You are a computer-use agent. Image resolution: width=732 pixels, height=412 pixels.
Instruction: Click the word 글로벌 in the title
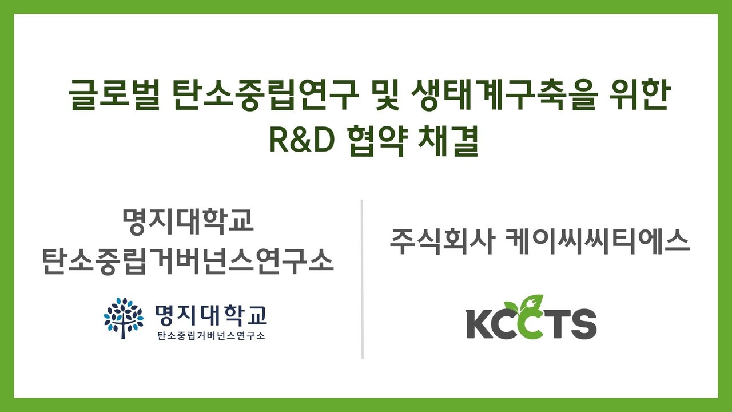pyautogui.click(x=114, y=96)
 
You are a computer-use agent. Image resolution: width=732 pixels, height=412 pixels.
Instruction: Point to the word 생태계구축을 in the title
pyautogui.click(x=504, y=96)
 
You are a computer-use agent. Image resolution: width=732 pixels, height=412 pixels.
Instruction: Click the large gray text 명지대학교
pyautogui.click(x=188, y=221)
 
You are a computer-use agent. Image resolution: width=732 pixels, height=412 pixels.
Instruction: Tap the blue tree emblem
pyautogui.click(x=124, y=318)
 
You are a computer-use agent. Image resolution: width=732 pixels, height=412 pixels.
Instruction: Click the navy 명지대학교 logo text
pyautogui.click(x=211, y=316)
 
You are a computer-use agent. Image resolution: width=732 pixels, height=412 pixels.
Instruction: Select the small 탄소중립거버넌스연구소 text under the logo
pyautogui.click(x=211, y=336)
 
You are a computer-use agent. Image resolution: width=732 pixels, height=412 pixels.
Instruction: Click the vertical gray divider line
pyautogui.click(x=362, y=279)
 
